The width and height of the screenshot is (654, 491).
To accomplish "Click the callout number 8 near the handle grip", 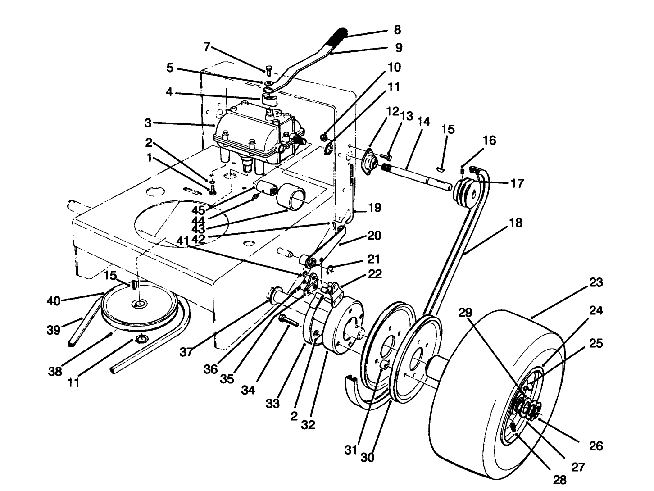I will [x=397, y=29].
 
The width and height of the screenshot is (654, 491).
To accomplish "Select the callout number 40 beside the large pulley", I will [x=54, y=300].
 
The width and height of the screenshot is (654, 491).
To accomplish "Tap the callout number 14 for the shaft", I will [x=423, y=122].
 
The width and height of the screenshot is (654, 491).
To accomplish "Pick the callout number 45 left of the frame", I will [x=198, y=210].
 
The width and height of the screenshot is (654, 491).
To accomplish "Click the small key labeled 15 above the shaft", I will [x=441, y=168].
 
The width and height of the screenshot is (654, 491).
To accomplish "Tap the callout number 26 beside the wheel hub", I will [x=596, y=446].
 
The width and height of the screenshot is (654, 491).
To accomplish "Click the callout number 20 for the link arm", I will [x=374, y=236].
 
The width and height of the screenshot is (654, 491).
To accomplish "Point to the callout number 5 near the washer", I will [x=170, y=68].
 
